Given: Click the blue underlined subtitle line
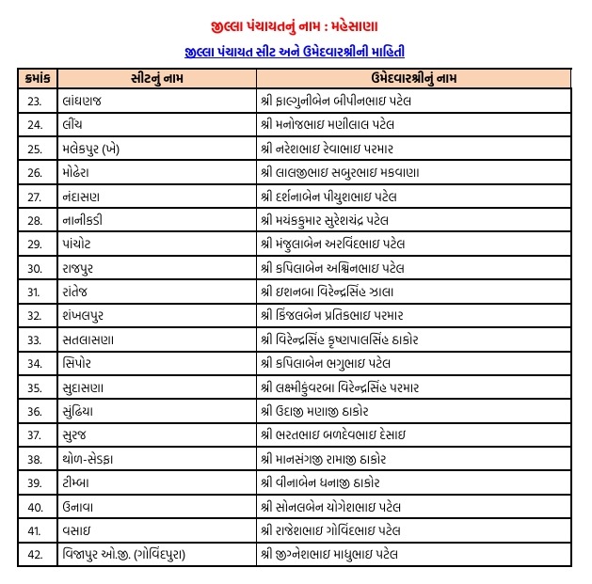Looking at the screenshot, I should coord(296,51).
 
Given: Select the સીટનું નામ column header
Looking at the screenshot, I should coord(153,78).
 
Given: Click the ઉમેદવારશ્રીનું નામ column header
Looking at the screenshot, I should coord(413,78).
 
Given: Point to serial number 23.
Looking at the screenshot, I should coord(36,100).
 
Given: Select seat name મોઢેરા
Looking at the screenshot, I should coord(82,172).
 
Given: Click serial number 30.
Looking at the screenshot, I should coord(36,268).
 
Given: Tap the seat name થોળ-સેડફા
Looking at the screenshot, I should coord(94,459).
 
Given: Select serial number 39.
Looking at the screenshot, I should coord(36,483).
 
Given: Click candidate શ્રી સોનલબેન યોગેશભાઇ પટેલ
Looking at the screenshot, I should coord(329,507).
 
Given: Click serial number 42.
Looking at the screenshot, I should coord(36,555).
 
